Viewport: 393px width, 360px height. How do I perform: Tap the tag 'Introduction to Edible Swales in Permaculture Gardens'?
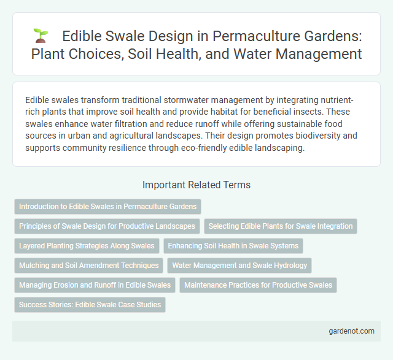(x=107, y=206)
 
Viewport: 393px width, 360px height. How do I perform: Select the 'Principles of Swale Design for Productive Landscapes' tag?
(x=107, y=226)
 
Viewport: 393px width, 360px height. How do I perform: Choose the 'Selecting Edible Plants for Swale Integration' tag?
(x=280, y=226)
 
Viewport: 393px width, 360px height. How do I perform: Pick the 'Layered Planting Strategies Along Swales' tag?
(x=87, y=245)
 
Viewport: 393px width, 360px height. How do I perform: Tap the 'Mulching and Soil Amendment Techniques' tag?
(x=88, y=265)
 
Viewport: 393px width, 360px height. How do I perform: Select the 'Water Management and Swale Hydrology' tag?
(x=241, y=265)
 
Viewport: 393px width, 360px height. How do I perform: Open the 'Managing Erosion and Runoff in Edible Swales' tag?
(x=95, y=285)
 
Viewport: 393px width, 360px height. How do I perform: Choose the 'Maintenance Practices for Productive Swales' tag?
(x=258, y=285)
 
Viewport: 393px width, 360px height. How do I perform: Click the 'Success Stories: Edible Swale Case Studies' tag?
(x=90, y=304)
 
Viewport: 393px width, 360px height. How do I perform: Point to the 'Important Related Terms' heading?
(x=196, y=184)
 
